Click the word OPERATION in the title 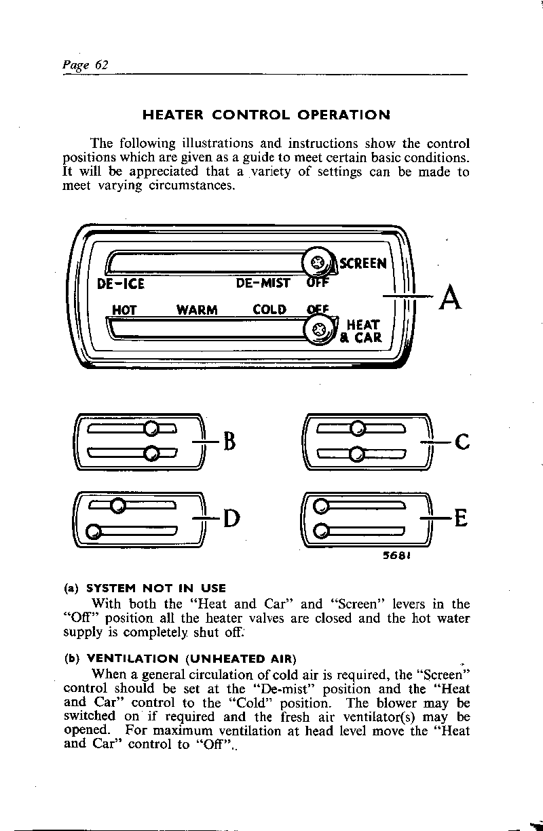click(344, 115)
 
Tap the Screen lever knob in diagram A click(316, 262)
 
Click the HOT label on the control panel click(125, 310)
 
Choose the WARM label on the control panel click(197, 310)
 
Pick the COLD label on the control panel click(269, 310)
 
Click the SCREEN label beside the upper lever click(363, 263)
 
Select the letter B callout click(229, 443)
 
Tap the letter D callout click(231, 520)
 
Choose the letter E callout click(461, 520)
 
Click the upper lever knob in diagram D click(117, 505)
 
